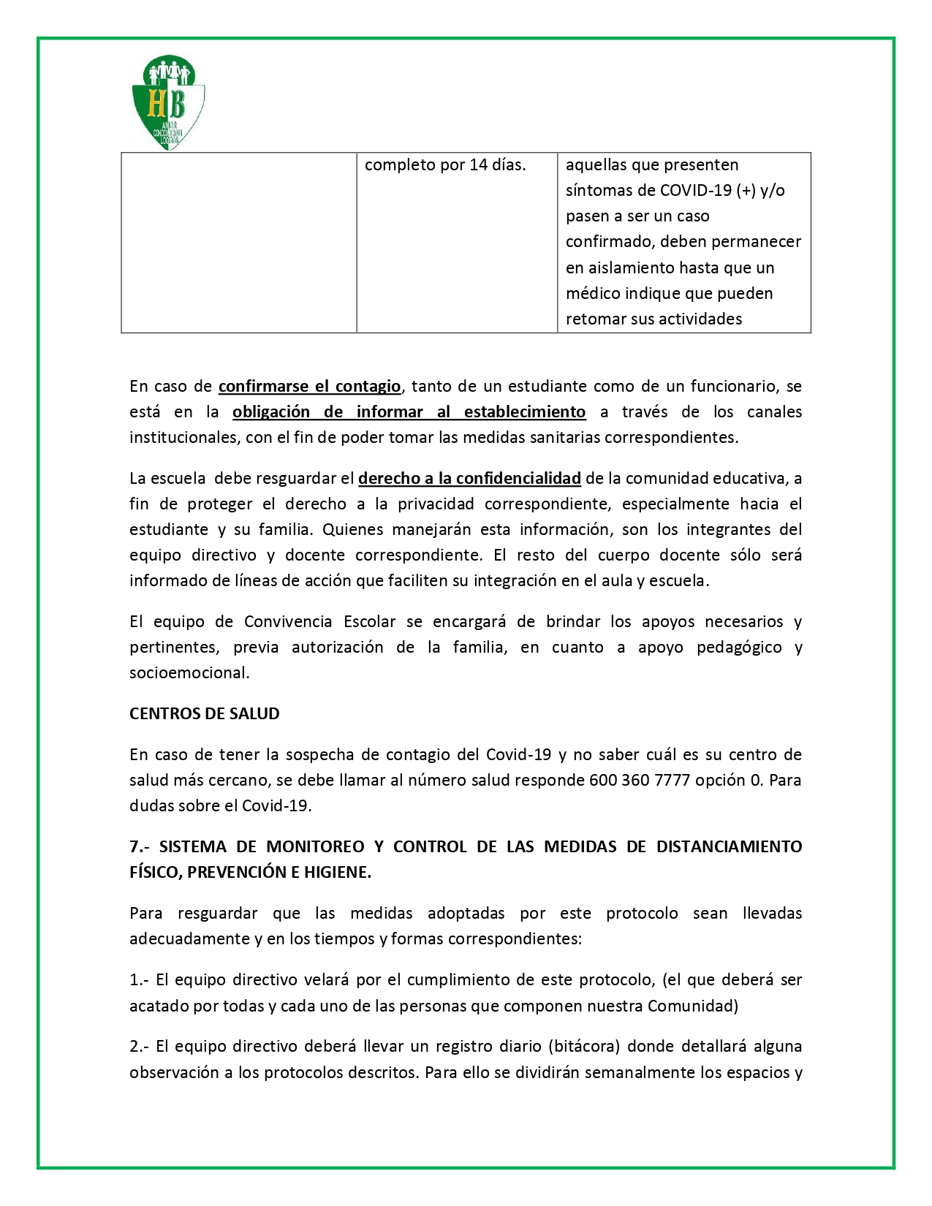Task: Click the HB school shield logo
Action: tap(168, 102)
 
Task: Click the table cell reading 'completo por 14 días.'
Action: tap(445, 165)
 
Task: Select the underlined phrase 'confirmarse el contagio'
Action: tap(309, 386)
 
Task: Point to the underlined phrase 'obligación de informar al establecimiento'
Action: tap(409, 412)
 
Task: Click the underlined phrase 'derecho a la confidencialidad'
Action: tap(469, 479)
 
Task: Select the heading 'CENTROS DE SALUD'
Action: tap(205, 714)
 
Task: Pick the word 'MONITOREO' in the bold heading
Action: tap(315, 847)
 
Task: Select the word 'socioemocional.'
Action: tap(189, 673)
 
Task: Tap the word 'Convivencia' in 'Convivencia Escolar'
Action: tap(288, 622)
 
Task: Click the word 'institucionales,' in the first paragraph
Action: tap(181, 438)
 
